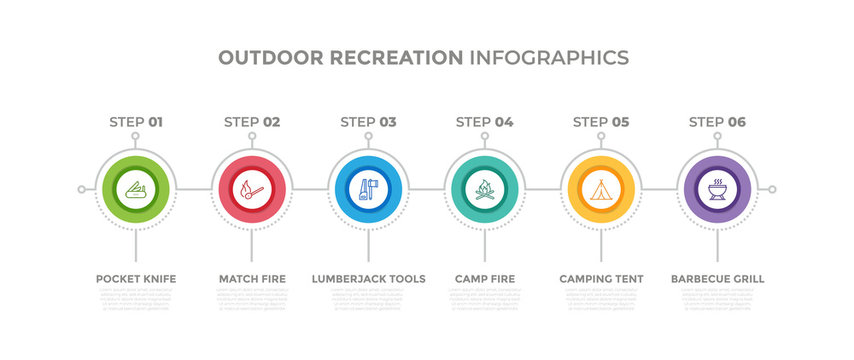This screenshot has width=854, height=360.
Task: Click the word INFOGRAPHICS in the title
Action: [x=549, y=57]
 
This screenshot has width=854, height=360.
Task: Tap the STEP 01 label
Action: [x=136, y=122]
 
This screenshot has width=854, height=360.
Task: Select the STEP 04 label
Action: [x=485, y=122]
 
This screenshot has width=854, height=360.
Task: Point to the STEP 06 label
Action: [x=717, y=122]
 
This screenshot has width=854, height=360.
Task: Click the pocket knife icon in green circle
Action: [x=136, y=188]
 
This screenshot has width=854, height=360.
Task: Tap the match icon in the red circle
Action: [x=252, y=188]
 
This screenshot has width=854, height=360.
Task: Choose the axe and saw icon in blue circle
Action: [x=368, y=188]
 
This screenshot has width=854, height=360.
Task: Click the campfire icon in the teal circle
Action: [x=484, y=188]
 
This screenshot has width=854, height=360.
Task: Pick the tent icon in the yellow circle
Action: [x=600, y=188]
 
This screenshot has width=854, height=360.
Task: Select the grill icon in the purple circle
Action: [x=716, y=188]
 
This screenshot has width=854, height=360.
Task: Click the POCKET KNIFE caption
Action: [x=136, y=278]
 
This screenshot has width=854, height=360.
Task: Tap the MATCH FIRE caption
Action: [x=252, y=278]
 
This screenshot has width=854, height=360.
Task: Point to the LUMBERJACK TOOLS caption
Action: [x=368, y=278]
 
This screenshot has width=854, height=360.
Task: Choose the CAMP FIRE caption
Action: [x=485, y=278]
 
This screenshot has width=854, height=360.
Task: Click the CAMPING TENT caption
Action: [x=601, y=278]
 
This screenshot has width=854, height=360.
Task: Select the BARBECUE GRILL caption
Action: [x=717, y=278]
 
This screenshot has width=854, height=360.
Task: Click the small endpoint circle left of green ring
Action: [x=82, y=188]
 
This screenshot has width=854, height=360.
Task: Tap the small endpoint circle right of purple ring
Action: [x=771, y=188]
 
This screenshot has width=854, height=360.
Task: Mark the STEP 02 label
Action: [x=252, y=122]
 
